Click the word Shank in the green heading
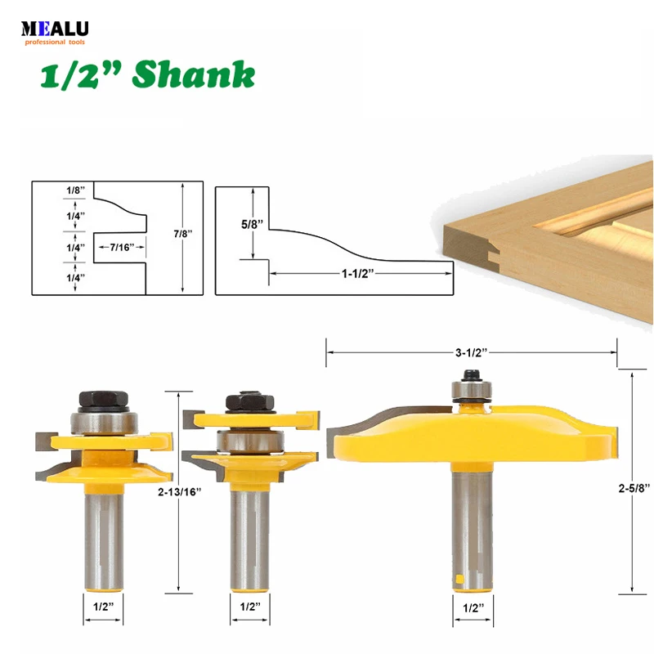pos(194,75)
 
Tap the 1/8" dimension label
pos(74,190)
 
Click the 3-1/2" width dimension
pos(472,352)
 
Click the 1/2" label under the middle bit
pos(249,607)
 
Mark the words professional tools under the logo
pos(57,42)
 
